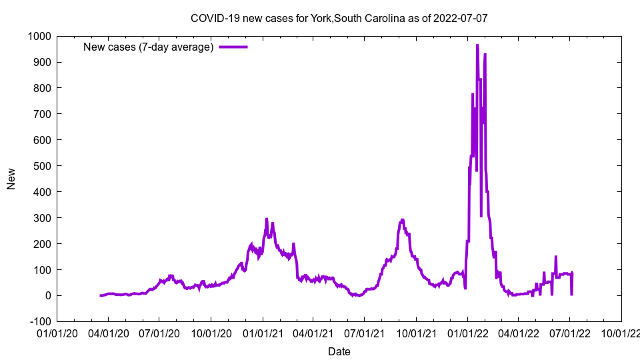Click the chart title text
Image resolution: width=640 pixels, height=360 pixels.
tap(339, 18)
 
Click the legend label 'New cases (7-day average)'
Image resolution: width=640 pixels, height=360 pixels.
tap(148, 47)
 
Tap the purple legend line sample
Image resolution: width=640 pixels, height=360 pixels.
tap(233, 47)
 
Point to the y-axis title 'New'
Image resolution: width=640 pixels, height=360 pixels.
tap(11, 179)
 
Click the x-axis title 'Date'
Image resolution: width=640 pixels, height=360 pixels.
tap(339, 351)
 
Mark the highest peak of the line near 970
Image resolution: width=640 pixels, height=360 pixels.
tap(477, 45)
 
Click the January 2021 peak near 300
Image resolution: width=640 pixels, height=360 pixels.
tap(267, 219)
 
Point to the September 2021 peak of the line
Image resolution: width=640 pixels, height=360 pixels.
tap(402, 220)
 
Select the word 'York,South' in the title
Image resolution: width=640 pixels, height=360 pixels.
tap(337, 18)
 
